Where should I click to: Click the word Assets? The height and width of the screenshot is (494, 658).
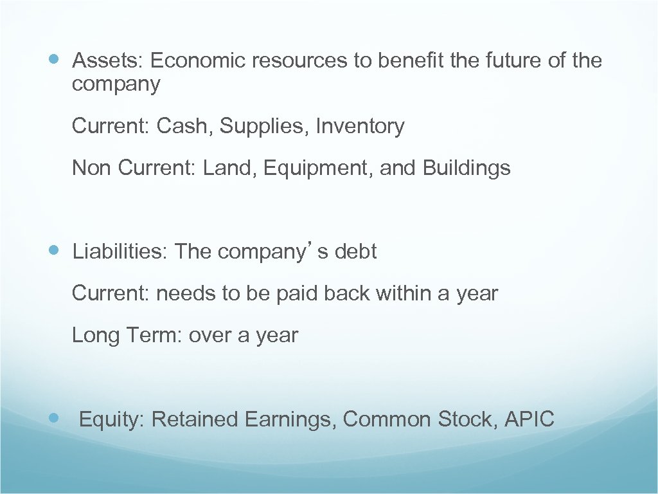107,61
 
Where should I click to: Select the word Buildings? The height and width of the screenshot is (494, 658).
467,169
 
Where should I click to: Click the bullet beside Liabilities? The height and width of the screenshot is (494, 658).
55,250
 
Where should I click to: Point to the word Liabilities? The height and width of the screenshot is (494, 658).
120,252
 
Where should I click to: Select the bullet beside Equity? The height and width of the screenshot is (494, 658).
55,417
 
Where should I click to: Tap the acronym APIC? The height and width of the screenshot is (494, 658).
529,420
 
